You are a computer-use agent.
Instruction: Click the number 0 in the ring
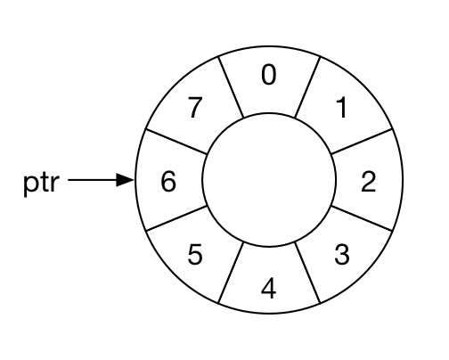click(x=269, y=75)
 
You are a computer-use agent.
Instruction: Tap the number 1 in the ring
click(x=342, y=108)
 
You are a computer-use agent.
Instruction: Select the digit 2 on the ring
click(x=368, y=181)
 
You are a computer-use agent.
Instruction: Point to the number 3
click(x=342, y=255)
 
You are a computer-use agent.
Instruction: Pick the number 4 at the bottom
click(x=269, y=288)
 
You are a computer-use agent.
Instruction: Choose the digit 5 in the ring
click(x=195, y=255)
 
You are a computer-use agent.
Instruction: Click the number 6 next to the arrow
click(x=168, y=181)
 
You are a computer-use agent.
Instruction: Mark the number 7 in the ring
click(x=195, y=108)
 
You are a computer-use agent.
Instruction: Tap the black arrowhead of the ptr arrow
click(x=125, y=180)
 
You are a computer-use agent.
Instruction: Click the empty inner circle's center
click(x=269, y=180)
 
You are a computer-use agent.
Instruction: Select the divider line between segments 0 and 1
click(x=307, y=86)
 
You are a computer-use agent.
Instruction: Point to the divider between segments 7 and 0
click(x=231, y=86)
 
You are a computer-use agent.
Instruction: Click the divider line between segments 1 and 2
click(x=362, y=142)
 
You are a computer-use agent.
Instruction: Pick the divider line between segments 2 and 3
click(x=362, y=218)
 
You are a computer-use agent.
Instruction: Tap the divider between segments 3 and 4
click(x=307, y=273)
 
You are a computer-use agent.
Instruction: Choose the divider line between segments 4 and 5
click(x=231, y=273)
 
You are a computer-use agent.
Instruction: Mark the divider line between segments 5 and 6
click(x=176, y=218)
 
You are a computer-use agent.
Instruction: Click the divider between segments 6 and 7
click(x=176, y=142)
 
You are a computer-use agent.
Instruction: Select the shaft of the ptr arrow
click(x=93, y=180)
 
